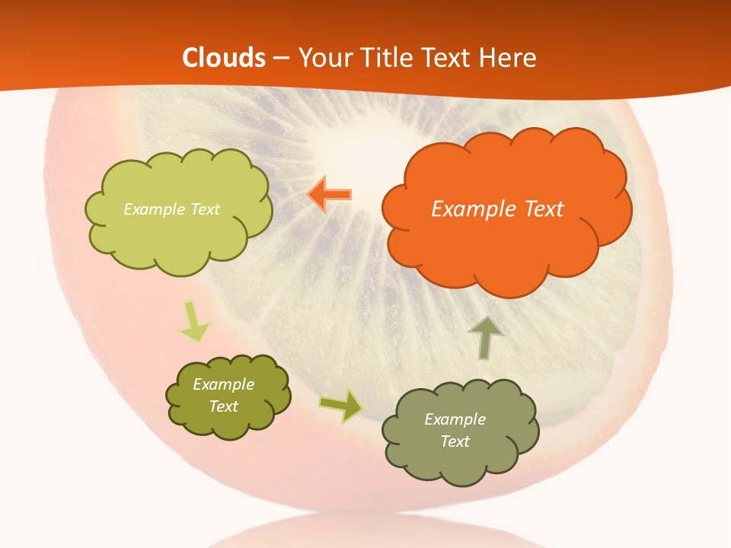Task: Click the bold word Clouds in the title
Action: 224,58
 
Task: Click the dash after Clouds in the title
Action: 282,59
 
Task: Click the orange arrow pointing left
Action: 330,194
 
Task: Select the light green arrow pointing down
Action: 193,322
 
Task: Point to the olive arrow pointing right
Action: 341,405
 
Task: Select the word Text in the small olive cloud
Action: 223,406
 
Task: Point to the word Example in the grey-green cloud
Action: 455,419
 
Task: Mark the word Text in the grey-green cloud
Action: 455,441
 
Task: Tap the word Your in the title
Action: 322,58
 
